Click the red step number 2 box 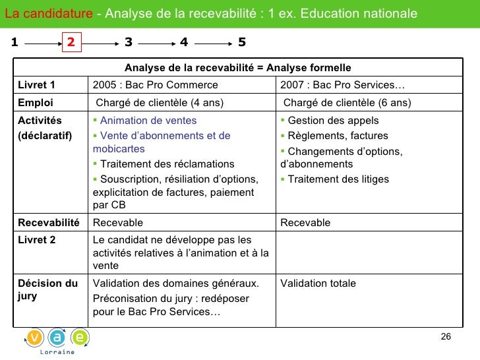[x=72, y=42]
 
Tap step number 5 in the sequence [x=242, y=42]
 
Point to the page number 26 [x=446, y=337]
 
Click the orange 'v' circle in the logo [x=36, y=337]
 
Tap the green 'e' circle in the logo [x=80, y=337]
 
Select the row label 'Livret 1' [x=36, y=85]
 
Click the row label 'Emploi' [x=36, y=102]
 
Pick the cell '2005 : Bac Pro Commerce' [x=156, y=85]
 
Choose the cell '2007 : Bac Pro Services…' [x=343, y=85]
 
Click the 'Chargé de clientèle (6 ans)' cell [x=347, y=102]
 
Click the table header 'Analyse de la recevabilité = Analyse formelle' [x=237, y=68]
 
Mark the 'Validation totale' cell [x=318, y=284]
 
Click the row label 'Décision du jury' [x=47, y=289]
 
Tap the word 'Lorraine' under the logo [x=58, y=352]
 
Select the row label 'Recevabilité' [x=49, y=223]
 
